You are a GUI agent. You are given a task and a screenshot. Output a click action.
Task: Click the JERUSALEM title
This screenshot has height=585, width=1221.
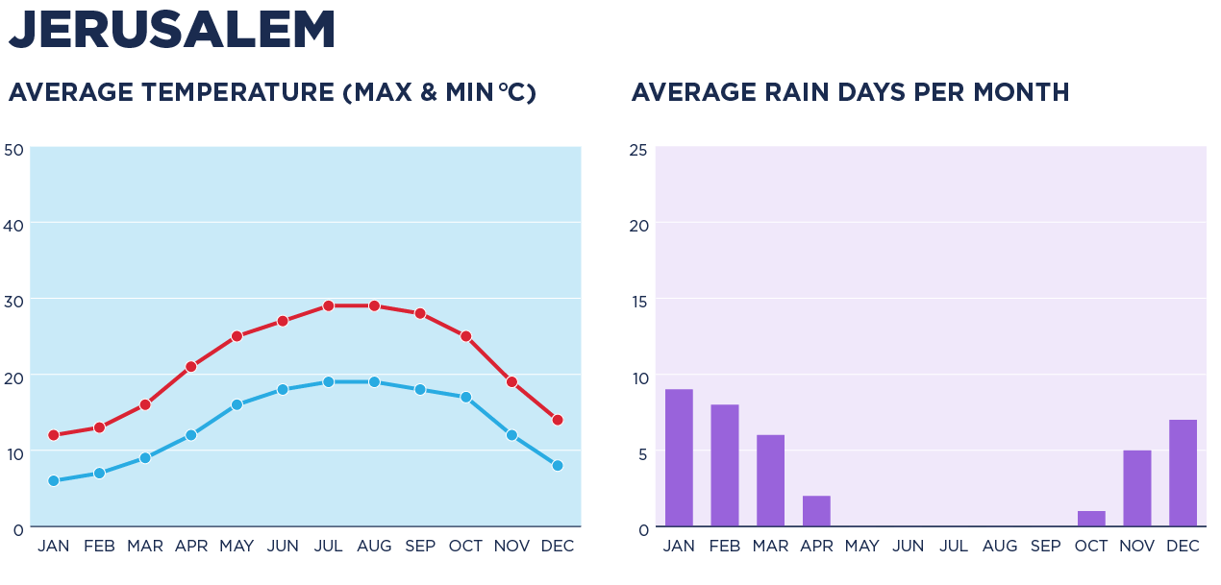coord(172,31)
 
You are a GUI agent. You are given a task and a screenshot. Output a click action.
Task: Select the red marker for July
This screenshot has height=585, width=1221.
coord(328,305)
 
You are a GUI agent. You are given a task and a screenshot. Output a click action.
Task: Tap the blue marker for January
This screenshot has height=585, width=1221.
coord(54,480)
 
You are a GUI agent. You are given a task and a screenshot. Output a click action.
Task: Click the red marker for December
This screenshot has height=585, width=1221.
coord(557,420)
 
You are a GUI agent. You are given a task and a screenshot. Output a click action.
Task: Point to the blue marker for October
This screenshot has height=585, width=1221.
coord(465,397)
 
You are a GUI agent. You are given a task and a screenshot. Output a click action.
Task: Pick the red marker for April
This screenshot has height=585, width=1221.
coord(191,366)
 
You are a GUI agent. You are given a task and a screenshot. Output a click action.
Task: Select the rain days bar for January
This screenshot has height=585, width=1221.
coord(679,458)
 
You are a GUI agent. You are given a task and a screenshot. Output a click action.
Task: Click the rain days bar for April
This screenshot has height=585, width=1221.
coord(816,511)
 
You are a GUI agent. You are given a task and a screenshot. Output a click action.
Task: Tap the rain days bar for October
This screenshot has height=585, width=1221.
coord(1091,519)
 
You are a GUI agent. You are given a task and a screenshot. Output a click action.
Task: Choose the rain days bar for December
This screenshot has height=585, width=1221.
coord(1183,474)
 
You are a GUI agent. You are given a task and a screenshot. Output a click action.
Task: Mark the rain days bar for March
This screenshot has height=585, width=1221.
coord(770,480)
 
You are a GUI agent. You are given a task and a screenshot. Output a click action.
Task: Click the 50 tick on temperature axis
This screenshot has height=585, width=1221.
coord(13,150)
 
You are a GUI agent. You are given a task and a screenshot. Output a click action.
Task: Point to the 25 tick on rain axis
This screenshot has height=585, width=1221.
coord(637,150)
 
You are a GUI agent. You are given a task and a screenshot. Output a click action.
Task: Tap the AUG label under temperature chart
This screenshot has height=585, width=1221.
coord(374,547)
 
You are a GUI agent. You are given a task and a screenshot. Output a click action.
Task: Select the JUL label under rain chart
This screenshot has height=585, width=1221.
coord(954,547)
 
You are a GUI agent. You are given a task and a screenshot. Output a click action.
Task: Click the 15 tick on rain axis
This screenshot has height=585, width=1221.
coord(637,301)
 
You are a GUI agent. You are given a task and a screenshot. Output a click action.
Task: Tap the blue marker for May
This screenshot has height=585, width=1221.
coord(237,404)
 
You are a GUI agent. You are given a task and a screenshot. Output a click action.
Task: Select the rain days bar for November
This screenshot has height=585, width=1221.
coord(1136,488)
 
